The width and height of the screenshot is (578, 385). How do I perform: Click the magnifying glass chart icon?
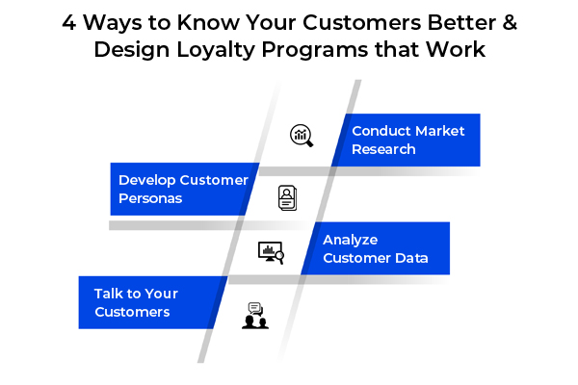click(302, 136)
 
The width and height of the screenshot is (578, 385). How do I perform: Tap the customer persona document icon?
click(287, 198)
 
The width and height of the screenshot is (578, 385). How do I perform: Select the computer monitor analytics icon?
click(271, 253)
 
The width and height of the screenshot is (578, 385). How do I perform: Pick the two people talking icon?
click(255, 316)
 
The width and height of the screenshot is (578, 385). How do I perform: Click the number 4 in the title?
click(69, 23)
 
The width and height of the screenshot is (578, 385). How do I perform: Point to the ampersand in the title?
click(510, 23)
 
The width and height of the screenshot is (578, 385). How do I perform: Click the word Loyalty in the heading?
click(216, 50)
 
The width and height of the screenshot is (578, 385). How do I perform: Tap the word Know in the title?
click(208, 23)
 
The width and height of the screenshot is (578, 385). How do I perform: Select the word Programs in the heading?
click(315, 50)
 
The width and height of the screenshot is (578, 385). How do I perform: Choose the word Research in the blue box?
click(383, 149)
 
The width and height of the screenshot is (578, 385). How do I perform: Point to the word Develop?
click(146, 181)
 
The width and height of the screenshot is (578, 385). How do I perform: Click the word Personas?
click(150, 198)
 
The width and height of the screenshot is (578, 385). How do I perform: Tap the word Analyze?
click(351, 241)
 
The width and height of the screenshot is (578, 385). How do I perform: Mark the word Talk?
click(108, 294)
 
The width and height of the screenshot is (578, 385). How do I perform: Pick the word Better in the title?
click(460, 23)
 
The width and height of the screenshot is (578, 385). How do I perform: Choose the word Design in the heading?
click(132, 50)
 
